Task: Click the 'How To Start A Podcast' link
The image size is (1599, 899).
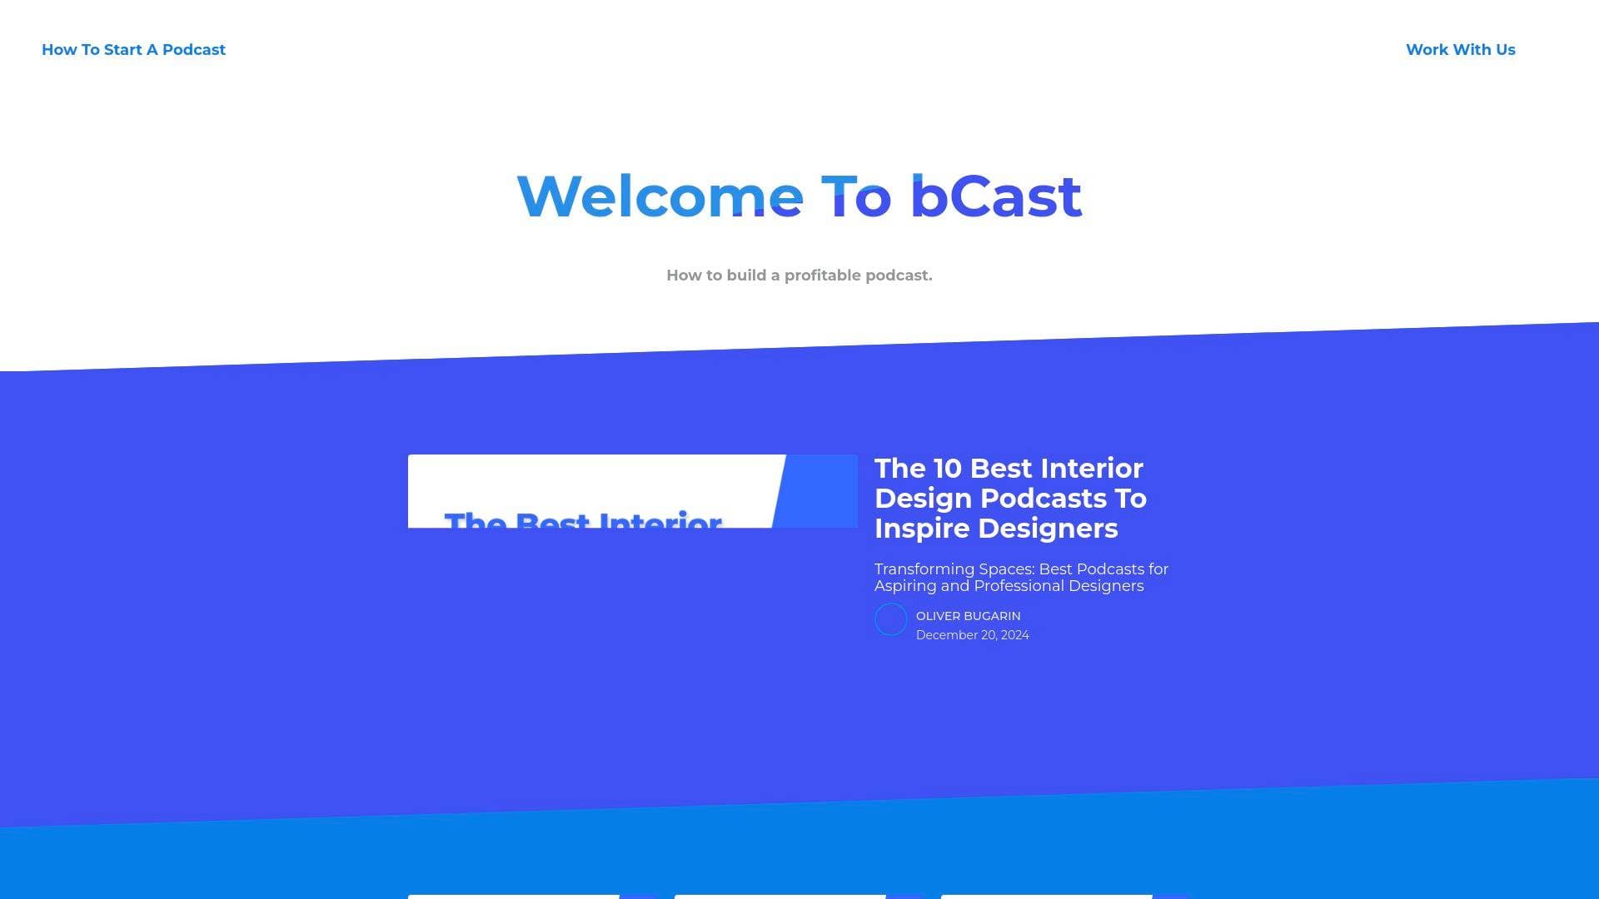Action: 133,50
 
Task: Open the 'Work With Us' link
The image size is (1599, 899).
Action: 1460,50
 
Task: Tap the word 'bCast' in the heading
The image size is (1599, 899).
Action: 995,197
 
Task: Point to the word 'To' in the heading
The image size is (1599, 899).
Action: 856,197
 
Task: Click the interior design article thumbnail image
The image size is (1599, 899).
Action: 632,491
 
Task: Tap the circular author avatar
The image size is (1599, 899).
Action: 890,620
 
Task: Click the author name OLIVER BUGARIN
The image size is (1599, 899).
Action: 968,616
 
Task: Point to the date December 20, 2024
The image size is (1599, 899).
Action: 972,635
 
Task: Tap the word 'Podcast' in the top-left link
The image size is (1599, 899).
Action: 193,50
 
